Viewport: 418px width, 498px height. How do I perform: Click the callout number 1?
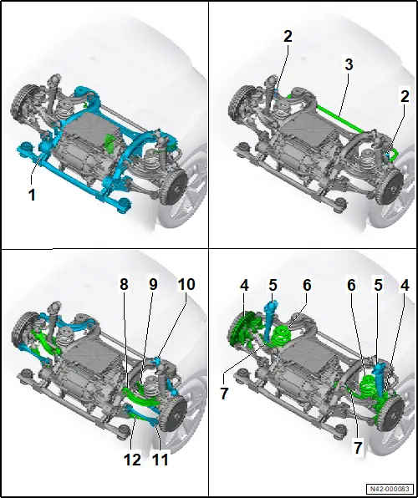(x=32, y=195)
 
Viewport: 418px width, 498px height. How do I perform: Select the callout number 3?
(x=349, y=64)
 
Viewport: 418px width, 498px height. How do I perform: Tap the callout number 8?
(x=124, y=285)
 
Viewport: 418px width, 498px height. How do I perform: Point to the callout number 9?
(x=153, y=285)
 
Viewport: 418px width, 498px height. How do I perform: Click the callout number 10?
(x=186, y=285)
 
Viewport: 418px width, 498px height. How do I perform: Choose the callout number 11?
(x=160, y=460)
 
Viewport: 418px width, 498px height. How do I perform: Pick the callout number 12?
(x=132, y=460)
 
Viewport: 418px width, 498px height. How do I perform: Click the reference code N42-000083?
(x=390, y=488)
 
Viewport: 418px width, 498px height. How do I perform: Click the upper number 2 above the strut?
(x=288, y=37)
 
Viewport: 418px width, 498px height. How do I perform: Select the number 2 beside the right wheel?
(x=405, y=96)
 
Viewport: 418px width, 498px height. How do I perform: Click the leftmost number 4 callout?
(x=244, y=286)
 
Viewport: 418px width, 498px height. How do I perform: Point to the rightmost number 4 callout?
(x=405, y=286)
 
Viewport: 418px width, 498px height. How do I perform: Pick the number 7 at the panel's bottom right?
(x=358, y=448)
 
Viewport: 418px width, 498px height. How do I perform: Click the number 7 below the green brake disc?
(x=224, y=394)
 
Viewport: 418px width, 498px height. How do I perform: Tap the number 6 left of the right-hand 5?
(x=351, y=286)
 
